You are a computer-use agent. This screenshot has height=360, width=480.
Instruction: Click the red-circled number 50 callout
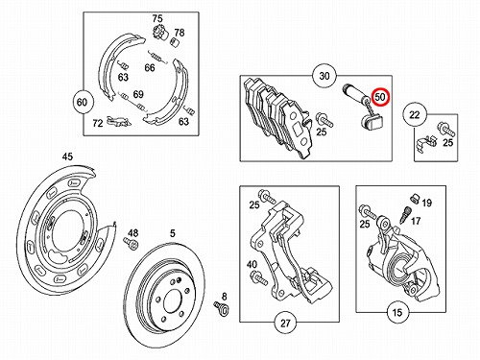point(380,96)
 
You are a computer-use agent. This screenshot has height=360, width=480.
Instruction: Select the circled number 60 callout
point(82,102)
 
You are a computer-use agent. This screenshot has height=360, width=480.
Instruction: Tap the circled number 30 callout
point(324,76)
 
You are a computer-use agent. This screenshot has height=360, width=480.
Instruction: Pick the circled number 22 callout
point(415,114)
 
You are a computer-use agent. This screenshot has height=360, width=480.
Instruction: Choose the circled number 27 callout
point(285,323)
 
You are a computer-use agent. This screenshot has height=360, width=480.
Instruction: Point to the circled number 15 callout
point(397,312)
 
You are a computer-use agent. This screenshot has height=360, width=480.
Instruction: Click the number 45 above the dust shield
point(67,156)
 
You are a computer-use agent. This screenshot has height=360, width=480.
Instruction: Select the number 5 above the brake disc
point(173,233)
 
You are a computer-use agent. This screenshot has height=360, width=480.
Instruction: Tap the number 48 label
point(133,233)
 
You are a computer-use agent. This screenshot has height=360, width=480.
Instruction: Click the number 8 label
point(224,297)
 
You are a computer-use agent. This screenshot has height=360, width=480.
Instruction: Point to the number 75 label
point(157,18)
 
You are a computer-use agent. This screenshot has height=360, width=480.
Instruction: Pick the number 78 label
point(180,33)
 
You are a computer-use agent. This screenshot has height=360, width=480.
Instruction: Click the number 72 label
point(98,123)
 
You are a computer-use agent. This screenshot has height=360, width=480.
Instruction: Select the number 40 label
point(252,264)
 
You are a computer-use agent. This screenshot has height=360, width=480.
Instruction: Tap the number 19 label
point(426,203)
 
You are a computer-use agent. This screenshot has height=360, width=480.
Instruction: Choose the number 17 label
point(416,221)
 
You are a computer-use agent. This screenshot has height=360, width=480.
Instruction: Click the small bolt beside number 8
point(222,308)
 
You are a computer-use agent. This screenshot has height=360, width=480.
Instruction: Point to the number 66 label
point(150,67)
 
